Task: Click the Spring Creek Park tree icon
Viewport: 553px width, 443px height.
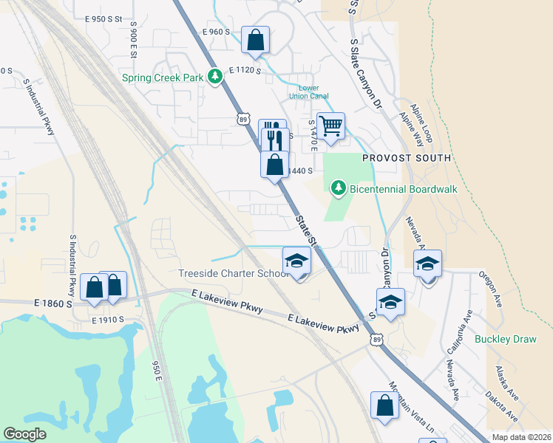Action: [x=215, y=76]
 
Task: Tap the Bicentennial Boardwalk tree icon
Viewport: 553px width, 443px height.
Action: [x=339, y=188]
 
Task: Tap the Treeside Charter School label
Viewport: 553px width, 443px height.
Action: [x=233, y=274]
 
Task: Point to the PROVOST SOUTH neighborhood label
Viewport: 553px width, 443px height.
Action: [x=406, y=158]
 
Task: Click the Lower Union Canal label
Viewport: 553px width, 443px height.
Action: [x=308, y=92]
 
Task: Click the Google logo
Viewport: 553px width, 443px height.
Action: [x=24, y=433]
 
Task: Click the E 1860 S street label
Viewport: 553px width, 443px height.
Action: [x=52, y=303]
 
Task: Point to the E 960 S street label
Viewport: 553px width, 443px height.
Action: [x=216, y=32]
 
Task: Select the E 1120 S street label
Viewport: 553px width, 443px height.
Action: [x=245, y=70]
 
